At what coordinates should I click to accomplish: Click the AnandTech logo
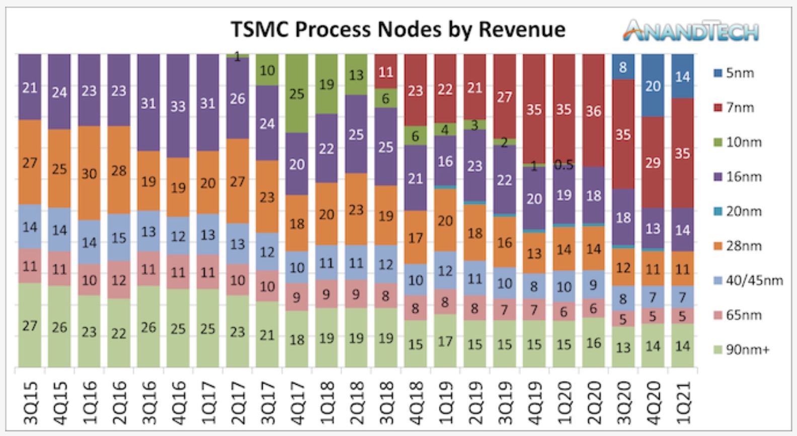pos(691,31)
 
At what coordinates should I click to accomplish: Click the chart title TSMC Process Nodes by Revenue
pos(398,29)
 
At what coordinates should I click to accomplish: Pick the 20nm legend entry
pos(738,211)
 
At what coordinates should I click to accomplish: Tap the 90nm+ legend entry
pos(742,349)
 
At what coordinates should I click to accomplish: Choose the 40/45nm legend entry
pos(748,280)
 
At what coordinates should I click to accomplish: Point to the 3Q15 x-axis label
pos(30,403)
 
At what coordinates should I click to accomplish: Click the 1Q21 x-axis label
pos(683,403)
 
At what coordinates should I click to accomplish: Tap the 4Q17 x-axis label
pos(297,403)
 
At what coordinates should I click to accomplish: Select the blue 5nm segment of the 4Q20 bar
pos(653,86)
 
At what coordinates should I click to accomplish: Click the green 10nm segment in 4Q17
pos(297,94)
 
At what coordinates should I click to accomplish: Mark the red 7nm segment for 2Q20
pos(594,111)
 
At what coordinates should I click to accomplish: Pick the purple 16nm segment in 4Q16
pos(178,106)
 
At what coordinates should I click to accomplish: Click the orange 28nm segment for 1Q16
pos(89,173)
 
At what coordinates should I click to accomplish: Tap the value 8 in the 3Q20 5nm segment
pos(623,67)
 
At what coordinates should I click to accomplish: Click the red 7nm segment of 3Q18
pos(386,71)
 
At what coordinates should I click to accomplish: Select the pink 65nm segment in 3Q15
pos(30,266)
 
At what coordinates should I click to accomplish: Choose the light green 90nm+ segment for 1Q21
pos(683,345)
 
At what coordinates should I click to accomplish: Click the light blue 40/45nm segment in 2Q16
pos(119,238)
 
